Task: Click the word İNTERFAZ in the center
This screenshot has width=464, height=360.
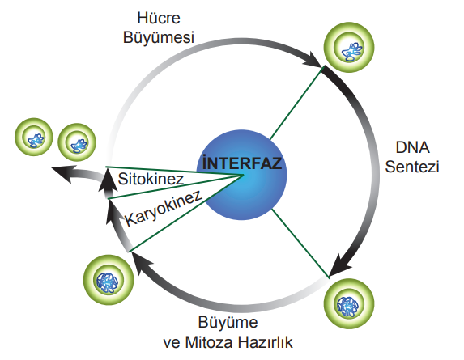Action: click(242, 163)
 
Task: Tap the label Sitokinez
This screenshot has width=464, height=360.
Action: click(151, 179)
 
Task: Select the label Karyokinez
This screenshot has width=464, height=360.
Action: click(164, 208)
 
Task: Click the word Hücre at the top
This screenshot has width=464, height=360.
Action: click(159, 18)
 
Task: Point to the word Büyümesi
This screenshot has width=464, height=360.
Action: click(159, 37)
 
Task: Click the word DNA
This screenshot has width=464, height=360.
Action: click(412, 147)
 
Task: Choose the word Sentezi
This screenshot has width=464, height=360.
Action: click(412, 167)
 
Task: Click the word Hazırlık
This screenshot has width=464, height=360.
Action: click(266, 342)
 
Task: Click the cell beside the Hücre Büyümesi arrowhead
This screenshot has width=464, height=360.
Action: click(349, 47)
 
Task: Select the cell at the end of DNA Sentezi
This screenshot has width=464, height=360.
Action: click(349, 303)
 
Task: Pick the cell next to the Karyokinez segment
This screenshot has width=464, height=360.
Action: click(109, 280)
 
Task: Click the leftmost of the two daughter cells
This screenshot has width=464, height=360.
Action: click(34, 138)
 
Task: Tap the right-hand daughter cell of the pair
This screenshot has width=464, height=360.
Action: click(77, 142)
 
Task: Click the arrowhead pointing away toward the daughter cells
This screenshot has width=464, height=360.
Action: click(62, 173)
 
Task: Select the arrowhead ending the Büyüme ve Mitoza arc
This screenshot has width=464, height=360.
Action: click(139, 260)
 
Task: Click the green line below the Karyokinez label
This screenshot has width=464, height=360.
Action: click(185, 214)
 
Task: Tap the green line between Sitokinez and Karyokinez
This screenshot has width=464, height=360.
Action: click(176, 187)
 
